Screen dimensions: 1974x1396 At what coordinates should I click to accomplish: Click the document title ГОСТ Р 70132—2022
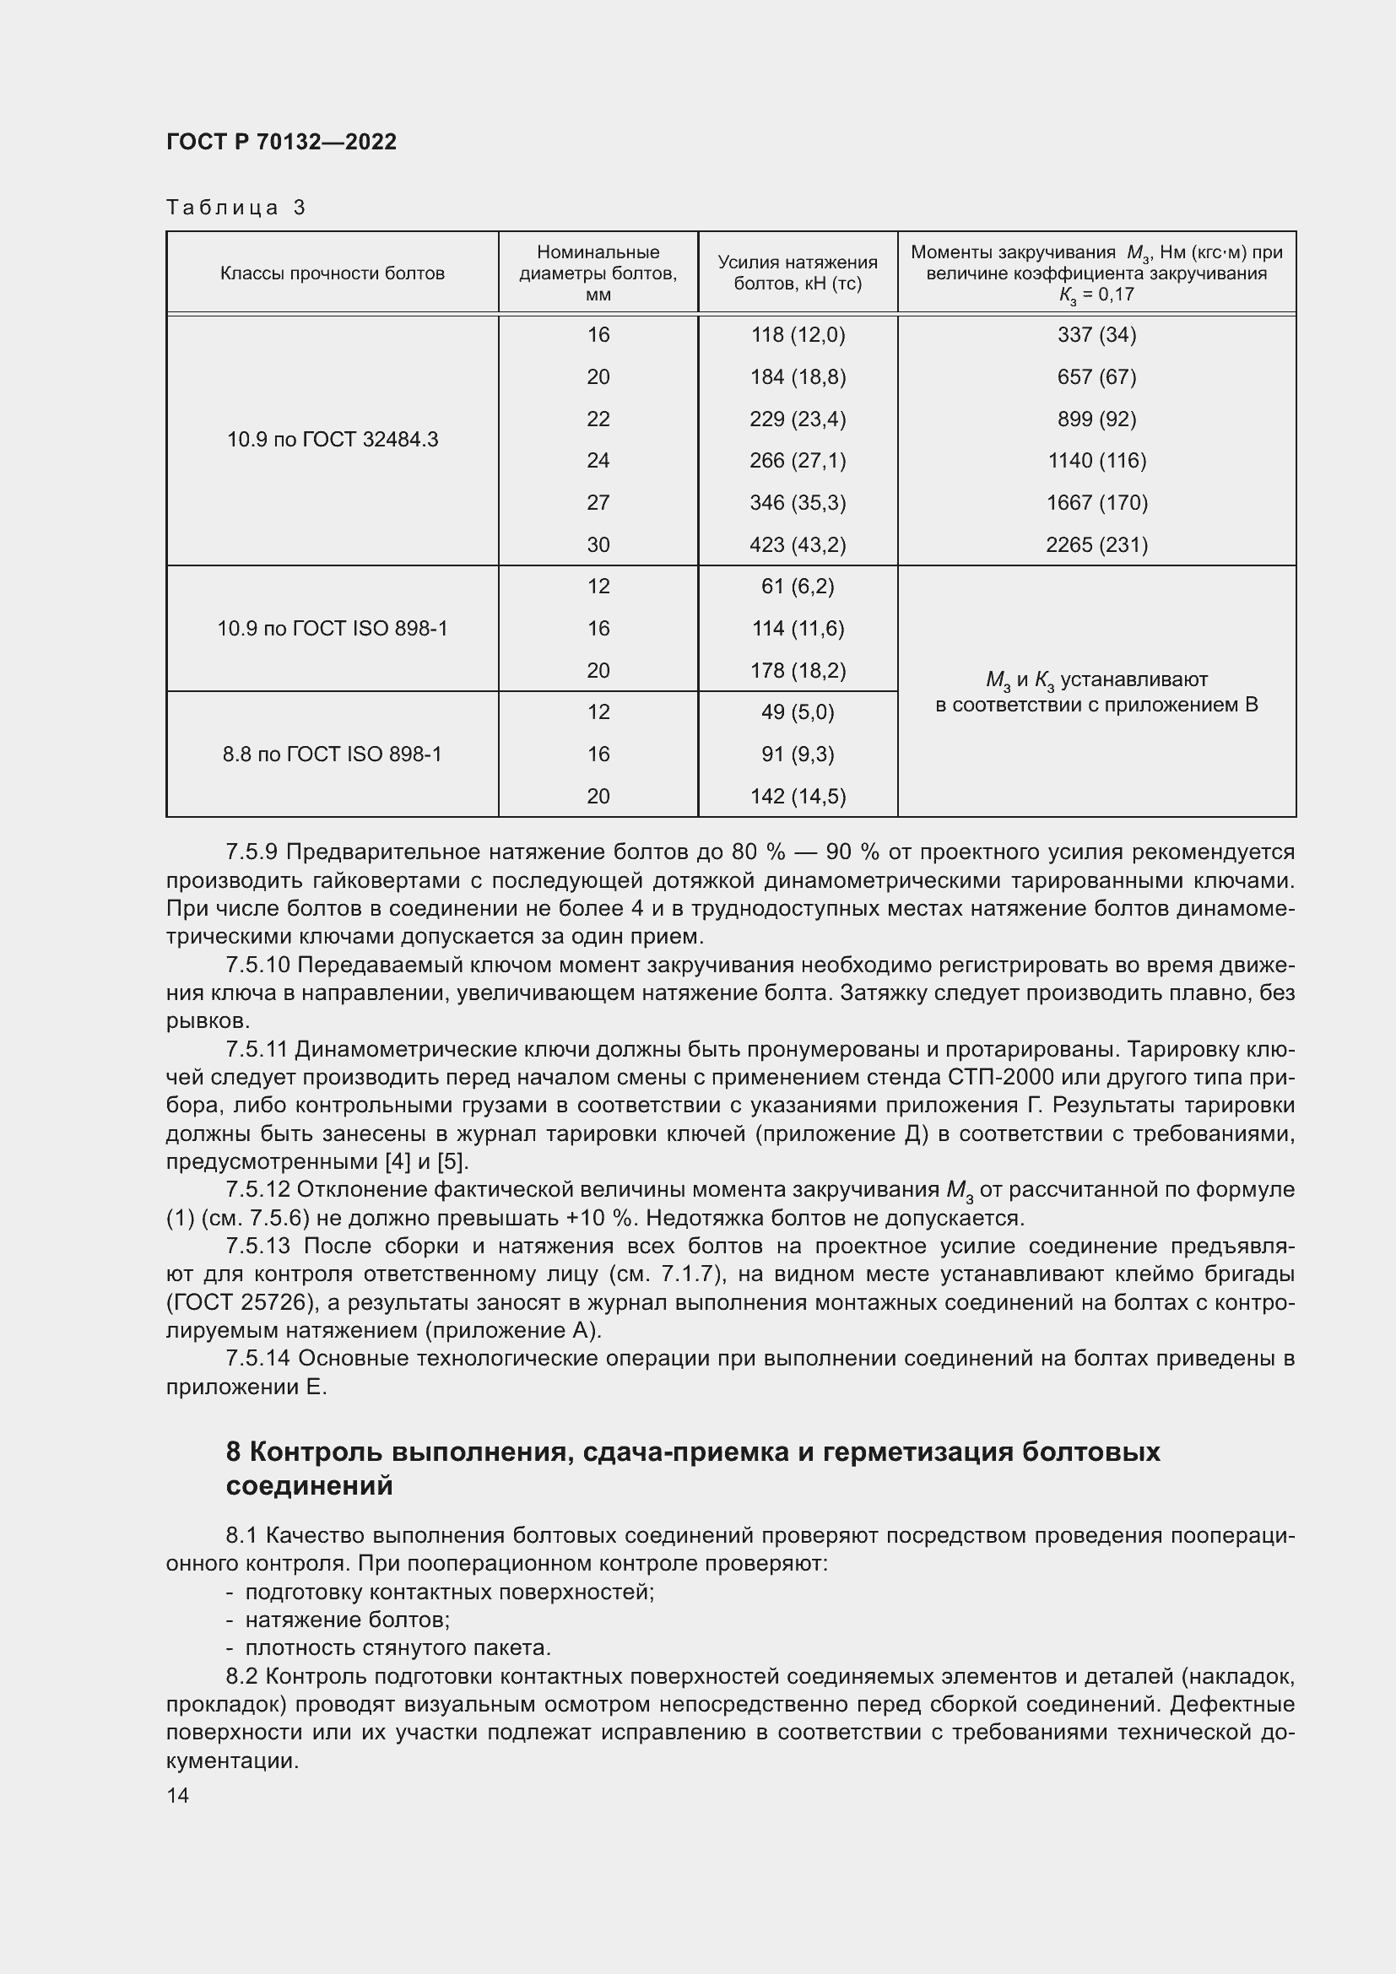pyautogui.click(x=281, y=142)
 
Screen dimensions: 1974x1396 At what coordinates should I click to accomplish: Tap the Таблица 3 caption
pyautogui.click(x=235, y=208)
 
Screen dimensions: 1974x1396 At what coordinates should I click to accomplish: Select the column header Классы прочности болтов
pyautogui.click(x=332, y=273)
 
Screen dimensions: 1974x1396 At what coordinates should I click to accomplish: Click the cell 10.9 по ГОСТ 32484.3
pyautogui.click(x=332, y=440)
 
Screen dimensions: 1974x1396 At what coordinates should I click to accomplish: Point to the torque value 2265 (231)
pyautogui.click(x=1096, y=544)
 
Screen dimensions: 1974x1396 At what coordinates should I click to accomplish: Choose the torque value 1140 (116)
pyautogui.click(x=1096, y=461)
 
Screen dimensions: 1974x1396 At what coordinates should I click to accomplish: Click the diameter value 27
pyautogui.click(x=598, y=502)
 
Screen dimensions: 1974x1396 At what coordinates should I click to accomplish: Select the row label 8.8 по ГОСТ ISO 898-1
pyautogui.click(x=332, y=754)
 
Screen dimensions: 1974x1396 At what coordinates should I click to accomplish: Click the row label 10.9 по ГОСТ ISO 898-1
pyautogui.click(x=332, y=629)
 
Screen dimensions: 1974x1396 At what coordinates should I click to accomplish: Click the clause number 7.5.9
pyautogui.click(x=251, y=852)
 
